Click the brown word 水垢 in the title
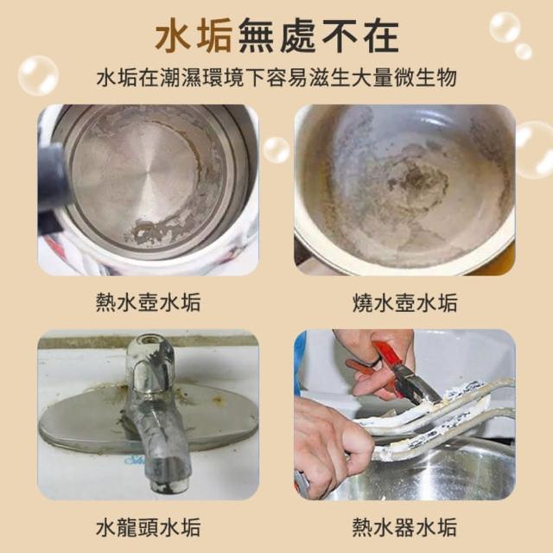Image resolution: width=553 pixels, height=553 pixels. pos(193,36)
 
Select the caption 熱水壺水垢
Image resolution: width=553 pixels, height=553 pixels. pos(148,302)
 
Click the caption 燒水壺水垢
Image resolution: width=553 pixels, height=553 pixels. pos(405,302)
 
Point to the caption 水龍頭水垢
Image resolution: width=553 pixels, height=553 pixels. pos(148,527)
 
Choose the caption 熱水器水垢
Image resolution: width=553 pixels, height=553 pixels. pos(405,527)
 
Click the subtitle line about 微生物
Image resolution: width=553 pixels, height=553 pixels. pos(276,78)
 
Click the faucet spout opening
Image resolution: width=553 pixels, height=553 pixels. pos(165,487)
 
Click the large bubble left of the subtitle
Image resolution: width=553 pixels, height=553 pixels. pos(38,75)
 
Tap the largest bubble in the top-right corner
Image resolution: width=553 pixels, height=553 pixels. pos(505,28)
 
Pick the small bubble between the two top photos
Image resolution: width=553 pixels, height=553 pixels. pos(276,149)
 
